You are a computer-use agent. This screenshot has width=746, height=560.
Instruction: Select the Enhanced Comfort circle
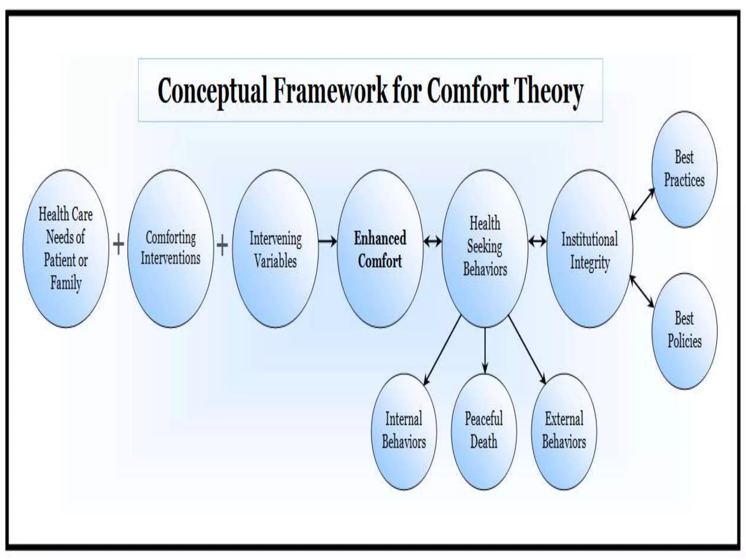[380, 249]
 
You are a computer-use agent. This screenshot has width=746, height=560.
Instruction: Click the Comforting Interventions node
[170, 249]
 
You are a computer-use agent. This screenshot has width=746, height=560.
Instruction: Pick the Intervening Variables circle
[275, 249]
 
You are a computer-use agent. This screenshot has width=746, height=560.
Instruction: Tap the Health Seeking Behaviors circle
[485, 249]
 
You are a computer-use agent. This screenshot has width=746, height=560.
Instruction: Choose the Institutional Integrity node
[589, 249]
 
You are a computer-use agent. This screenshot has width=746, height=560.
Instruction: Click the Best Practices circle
[684, 170]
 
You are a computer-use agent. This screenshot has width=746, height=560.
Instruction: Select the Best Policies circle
[684, 331]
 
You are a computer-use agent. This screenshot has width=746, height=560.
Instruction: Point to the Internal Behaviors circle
[404, 431]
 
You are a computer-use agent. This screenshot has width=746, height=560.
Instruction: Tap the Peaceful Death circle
[484, 431]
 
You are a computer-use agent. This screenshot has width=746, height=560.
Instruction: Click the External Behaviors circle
[564, 431]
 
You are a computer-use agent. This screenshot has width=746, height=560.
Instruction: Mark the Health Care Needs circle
[66, 249]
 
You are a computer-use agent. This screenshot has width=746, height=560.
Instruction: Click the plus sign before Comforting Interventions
[118, 244]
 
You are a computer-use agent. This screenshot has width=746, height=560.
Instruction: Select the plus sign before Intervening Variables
[222, 244]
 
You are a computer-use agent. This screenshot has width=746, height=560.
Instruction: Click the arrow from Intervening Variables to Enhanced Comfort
[327, 241]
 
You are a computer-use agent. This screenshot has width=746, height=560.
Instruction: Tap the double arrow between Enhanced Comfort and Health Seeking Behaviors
[432, 241]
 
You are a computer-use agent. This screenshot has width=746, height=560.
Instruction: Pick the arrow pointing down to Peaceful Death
[485, 350]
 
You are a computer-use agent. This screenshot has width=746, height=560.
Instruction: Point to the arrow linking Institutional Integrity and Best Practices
[642, 204]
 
